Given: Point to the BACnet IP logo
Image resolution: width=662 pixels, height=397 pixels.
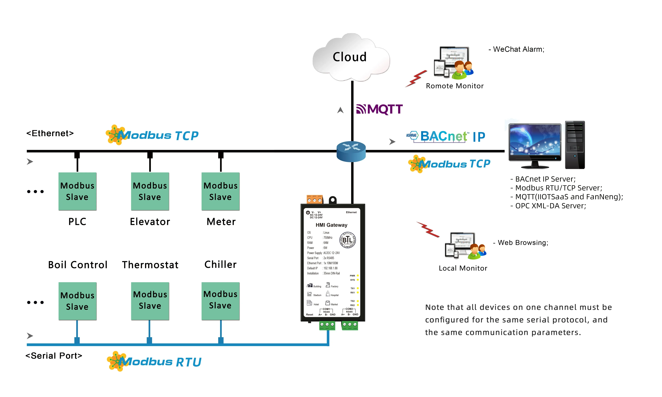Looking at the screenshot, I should pos(446,136).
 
